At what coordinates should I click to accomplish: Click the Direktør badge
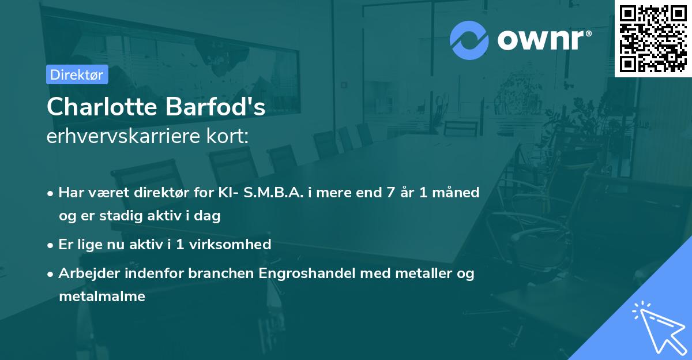[x=77, y=74]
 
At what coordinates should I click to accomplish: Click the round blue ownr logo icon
[x=469, y=40]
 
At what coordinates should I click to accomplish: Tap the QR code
[x=653, y=38]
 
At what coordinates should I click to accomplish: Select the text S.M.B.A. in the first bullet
[x=274, y=192]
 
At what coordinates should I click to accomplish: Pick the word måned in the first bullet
[x=458, y=192]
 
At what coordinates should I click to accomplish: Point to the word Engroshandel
[x=307, y=273]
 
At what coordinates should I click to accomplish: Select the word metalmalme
[x=102, y=297]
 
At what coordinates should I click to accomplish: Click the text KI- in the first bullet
[x=226, y=192]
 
